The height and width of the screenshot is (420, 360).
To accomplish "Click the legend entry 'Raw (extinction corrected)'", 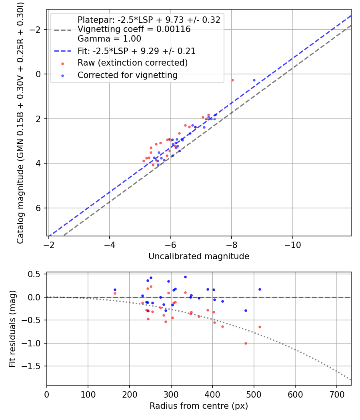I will coord(132,63).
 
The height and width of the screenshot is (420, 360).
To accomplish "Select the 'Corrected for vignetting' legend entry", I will coord(127,75).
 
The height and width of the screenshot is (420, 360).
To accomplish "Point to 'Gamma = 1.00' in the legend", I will coord(109,39).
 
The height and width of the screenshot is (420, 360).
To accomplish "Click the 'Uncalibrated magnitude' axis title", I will coord(199,256).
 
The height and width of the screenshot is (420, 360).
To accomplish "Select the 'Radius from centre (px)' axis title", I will coord(199,406).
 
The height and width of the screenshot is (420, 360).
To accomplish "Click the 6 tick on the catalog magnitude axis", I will coord(39,208).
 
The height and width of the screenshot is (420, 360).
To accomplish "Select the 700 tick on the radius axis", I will coord(336,394).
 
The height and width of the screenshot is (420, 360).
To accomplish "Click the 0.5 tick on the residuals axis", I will coord(36,274).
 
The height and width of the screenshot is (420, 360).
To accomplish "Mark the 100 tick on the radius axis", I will coord(88,394).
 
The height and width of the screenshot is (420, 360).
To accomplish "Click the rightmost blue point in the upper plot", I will coord(254,80).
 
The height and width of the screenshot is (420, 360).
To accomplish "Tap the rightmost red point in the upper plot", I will coord(232,80).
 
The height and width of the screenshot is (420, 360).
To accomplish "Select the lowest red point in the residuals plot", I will coord(246,343).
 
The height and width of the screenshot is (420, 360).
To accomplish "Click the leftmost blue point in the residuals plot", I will coord(115,290).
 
